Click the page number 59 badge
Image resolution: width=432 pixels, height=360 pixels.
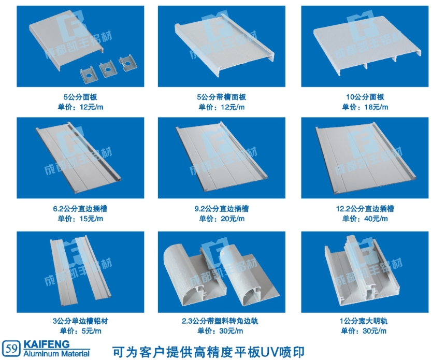pyautogui.click(x=11, y=349)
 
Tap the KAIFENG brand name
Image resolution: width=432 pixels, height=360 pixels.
pyautogui.click(x=47, y=344)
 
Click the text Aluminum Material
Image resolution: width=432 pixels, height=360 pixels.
pyautogui.click(x=57, y=353)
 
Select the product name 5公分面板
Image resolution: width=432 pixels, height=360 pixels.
pyautogui.click(x=80, y=97)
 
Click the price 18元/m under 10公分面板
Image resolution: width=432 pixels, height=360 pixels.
pyautogui.click(x=376, y=107)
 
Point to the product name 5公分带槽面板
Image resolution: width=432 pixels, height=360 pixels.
pyautogui.click(x=222, y=97)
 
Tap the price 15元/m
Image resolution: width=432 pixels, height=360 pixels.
pyautogui.click(x=92, y=219)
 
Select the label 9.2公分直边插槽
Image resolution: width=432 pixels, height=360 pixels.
pyautogui.click(x=222, y=209)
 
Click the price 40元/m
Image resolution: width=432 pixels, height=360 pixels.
pyautogui.click(x=376, y=219)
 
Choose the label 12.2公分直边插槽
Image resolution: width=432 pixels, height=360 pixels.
pyautogui.click(x=365, y=209)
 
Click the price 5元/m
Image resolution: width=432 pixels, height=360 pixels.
pyautogui.click(x=92, y=331)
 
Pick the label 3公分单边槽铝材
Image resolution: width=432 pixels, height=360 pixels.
pyautogui.click(x=80, y=321)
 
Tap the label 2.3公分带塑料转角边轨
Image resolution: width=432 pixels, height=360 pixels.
pyautogui.click(x=220, y=321)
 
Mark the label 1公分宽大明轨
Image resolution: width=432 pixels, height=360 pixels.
pyautogui.click(x=364, y=321)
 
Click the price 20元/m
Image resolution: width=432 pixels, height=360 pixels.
pyautogui.click(x=233, y=219)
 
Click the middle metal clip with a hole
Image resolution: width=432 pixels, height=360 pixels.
pyautogui.click(x=108, y=70)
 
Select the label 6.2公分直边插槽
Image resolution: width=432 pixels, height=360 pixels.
pyautogui.click(x=80, y=209)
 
